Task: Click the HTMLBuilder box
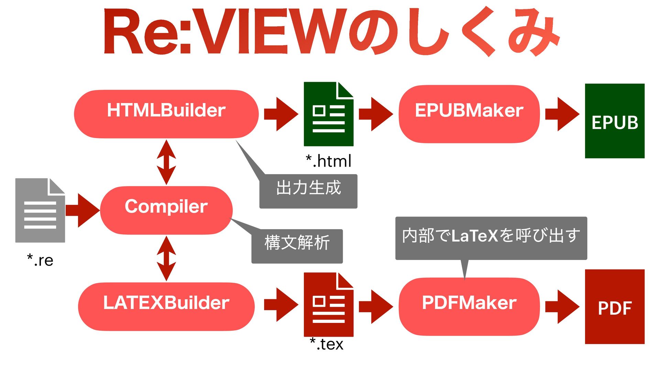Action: point(166,114)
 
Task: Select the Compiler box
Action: point(166,210)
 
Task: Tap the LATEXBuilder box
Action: point(166,306)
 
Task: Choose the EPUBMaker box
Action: point(469,114)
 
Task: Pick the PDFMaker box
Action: point(469,306)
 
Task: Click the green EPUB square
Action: point(615,121)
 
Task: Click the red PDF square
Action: point(615,306)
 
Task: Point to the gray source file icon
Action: point(40,210)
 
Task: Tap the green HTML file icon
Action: point(328,114)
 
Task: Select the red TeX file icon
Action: point(328,304)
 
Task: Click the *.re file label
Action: point(40,260)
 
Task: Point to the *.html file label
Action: point(329,161)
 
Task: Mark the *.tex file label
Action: point(327,344)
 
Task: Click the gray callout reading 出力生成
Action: point(308,191)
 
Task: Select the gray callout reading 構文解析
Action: point(297,246)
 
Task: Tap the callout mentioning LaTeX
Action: point(491,238)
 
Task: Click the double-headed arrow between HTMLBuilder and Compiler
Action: point(166,162)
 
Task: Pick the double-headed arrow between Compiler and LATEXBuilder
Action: point(166,258)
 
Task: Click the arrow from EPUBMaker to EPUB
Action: point(562,114)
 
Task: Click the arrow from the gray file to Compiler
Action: point(82,210)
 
